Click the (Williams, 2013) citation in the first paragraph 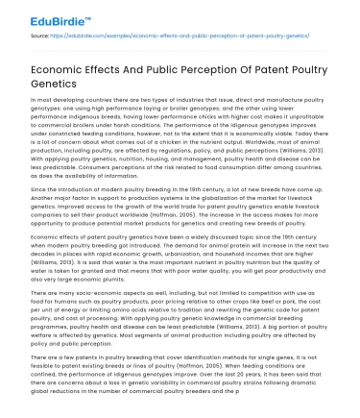(301, 151)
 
